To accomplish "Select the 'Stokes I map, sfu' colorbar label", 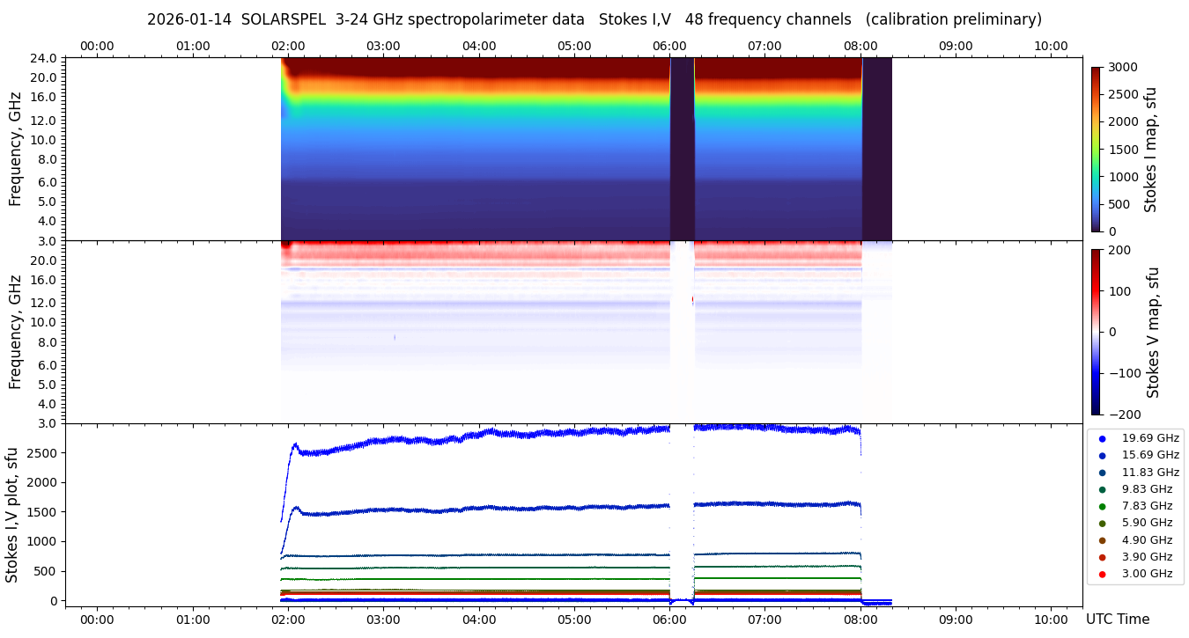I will [x=1150, y=150].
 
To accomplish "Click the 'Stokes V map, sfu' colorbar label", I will [x=1153, y=333].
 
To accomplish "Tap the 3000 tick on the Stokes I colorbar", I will [x=1123, y=68].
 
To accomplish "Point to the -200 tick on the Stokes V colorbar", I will [x=1122, y=414].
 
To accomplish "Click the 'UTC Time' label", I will [x=1117, y=620].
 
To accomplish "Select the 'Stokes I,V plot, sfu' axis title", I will [x=12, y=515].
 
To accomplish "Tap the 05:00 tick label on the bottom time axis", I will [x=574, y=620].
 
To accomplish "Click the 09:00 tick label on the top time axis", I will [x=956, y=46].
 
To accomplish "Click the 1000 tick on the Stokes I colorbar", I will [x=1123, y=177].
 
